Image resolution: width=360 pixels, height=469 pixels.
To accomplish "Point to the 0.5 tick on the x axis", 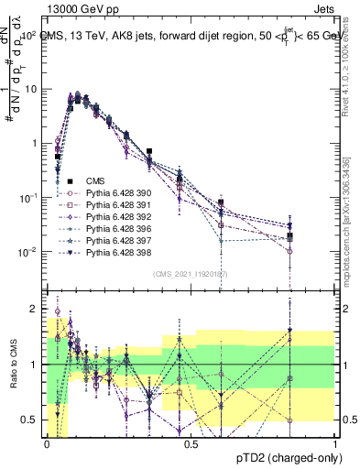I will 191,442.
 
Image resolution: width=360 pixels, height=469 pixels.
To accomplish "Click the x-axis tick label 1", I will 335,442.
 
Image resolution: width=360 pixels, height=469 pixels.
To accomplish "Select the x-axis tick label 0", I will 48,442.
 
